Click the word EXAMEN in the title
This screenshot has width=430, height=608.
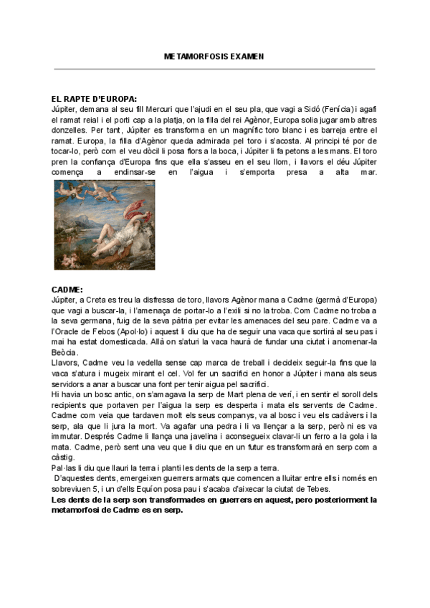click(x=247, y=55)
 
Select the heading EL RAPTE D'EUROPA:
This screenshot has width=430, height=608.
click(x=94, y=99)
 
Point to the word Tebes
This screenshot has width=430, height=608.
click(x=305, y=489)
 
